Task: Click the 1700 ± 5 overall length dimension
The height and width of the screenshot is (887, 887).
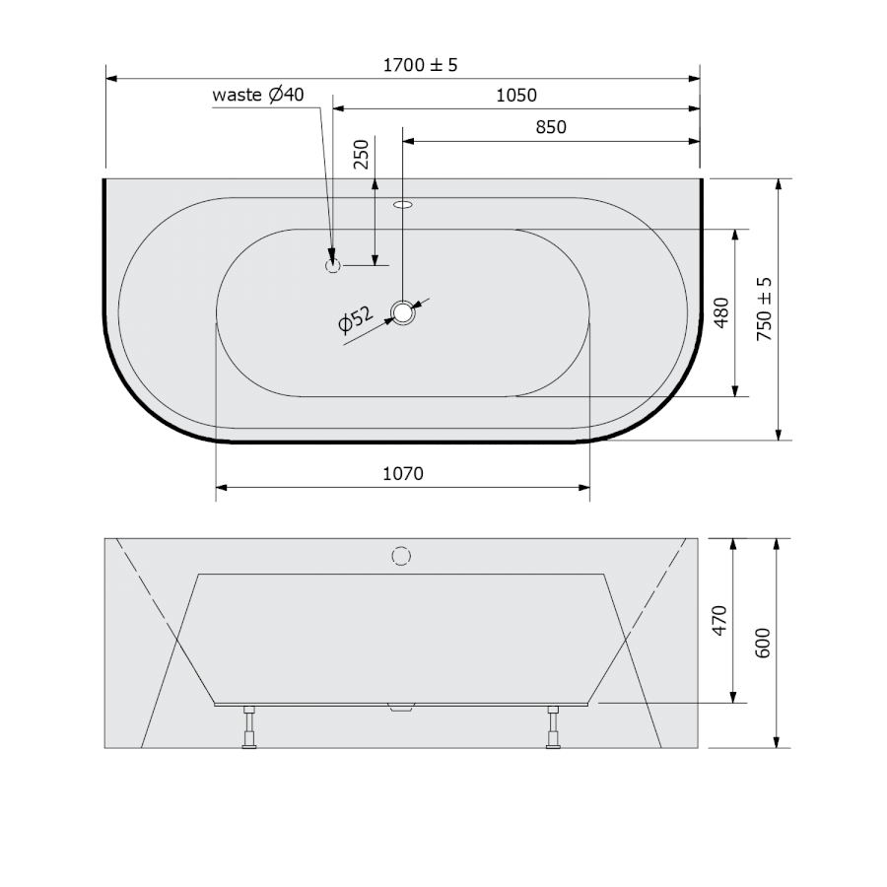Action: [420, 65]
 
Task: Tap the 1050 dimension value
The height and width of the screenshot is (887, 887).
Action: [515, 95]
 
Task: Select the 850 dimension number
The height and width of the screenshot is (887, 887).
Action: [550, 127]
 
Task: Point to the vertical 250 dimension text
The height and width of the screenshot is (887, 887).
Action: [361, 154]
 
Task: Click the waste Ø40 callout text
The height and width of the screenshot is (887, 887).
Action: [258, 94]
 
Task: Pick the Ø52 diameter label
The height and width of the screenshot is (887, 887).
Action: [356, 319]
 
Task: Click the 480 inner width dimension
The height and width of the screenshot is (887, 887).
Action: [721, 312]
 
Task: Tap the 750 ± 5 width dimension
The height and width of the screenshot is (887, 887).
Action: [764, 308]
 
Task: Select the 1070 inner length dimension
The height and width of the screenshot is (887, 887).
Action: [403, 473]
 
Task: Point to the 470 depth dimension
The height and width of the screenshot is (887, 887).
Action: [719, 621]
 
